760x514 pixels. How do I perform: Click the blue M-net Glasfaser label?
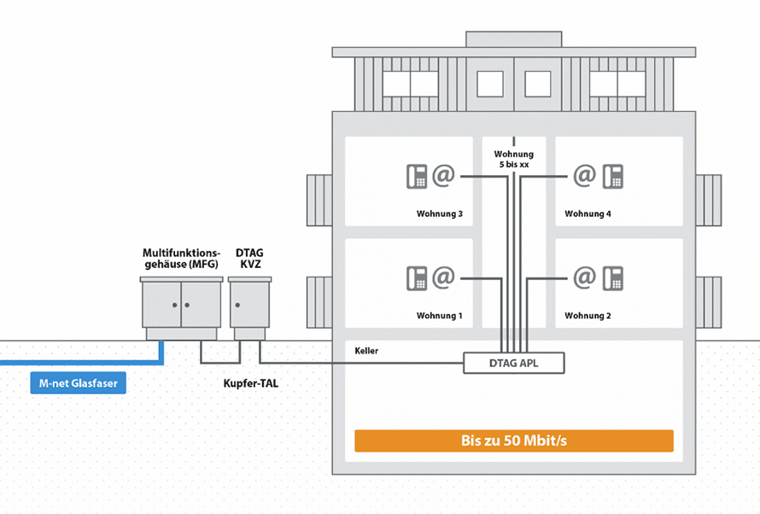coord(78,383)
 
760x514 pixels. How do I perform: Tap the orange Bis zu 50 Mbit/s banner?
coord(514,441)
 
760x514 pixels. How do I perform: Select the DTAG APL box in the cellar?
coord(514,363)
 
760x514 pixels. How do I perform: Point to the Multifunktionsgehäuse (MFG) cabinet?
coord(181,304)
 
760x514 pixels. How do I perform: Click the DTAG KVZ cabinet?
coord(249,304)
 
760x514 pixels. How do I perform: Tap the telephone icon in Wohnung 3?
coord(416,176)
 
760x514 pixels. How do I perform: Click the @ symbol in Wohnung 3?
coord(442,176)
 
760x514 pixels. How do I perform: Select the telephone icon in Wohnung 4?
coord(612,176)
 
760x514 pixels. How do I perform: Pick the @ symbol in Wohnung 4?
coord(584,176)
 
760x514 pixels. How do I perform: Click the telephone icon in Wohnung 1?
coord(416,278)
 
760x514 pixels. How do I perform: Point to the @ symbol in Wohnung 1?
coord(442,278)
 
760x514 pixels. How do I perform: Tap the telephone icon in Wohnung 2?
coord(612,278)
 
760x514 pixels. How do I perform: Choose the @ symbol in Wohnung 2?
coord(584,278)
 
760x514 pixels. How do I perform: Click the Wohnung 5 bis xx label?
coord(513,159)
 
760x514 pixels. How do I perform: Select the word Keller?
coord(366,351)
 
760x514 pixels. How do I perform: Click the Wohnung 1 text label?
coord(439,316)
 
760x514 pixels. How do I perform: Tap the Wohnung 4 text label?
coord(588,213)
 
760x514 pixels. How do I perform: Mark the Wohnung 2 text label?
coord(588,316)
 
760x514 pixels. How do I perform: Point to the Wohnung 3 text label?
coord(439,213)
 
